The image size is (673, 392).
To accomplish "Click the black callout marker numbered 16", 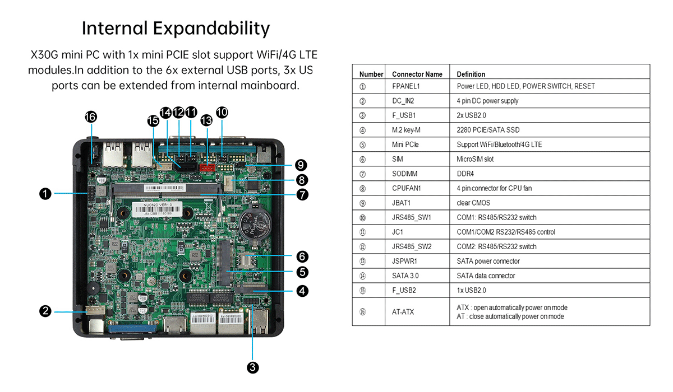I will point(90,117).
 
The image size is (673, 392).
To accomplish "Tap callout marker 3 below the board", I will point(253,367).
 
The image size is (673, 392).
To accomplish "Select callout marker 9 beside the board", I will point(301,165).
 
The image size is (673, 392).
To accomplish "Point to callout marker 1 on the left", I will point(45,194).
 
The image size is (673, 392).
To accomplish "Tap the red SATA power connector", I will point(207,166).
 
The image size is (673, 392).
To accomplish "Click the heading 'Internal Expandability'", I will point(176,28).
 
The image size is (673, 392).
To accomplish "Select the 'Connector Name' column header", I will point(417,74).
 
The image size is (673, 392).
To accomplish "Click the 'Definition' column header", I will point(471,74).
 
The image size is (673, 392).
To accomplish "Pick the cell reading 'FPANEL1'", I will point(406,86).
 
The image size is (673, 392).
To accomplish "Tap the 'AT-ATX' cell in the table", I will point(403,312).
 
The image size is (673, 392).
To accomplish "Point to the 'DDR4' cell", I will point(466,174).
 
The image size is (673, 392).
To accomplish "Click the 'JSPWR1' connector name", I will point(404,261).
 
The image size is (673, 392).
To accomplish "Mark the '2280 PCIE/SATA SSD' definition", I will point(487,130).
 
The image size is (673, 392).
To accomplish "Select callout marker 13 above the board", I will point(206,120).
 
